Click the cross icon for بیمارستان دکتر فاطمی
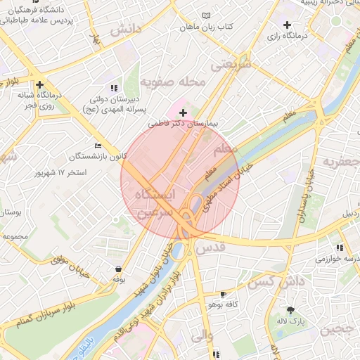pos(183,112)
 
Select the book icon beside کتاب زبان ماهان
pos(206,15)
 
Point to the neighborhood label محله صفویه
pos(173,82)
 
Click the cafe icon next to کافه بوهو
pos(224,294)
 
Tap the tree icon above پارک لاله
pos(290,310)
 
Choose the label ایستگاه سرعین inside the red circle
pos(155,203)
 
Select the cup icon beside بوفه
pos(117,269)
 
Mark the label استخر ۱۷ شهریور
pos(62,172)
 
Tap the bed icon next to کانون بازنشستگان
pos(98,146)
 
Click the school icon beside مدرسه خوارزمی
pos(340,247)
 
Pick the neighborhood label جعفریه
pos(340,162)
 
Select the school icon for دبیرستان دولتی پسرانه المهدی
pos(115,88)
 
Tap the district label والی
pos(200,335)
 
